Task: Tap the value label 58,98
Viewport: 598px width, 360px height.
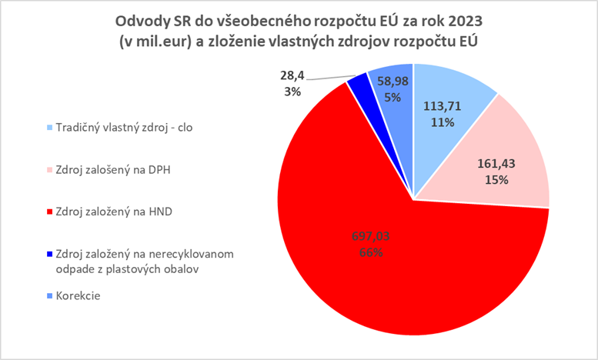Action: (x=393, y=83)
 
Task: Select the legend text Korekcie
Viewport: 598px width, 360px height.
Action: (x=76, y=295)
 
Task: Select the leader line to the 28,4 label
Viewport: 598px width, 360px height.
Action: (x=327, y=76)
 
